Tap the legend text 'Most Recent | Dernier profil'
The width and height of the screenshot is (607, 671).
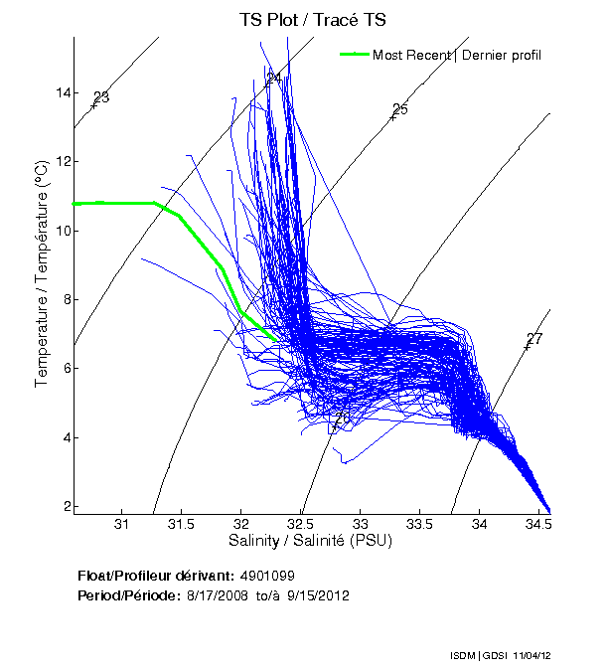(456, 54)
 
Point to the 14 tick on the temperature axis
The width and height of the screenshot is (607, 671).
(63, 93)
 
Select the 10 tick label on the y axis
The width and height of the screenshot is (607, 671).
(63, 231)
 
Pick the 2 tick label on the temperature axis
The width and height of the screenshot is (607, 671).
(66, 506)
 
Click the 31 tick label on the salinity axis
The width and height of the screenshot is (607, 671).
(122, 524)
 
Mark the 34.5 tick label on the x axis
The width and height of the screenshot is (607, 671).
(537, 524)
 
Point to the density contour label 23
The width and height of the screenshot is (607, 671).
(100, 97)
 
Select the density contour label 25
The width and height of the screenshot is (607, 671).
(399, 109)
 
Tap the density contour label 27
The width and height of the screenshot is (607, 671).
(533, 340)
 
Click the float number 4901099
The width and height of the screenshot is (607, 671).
(266, 576)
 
